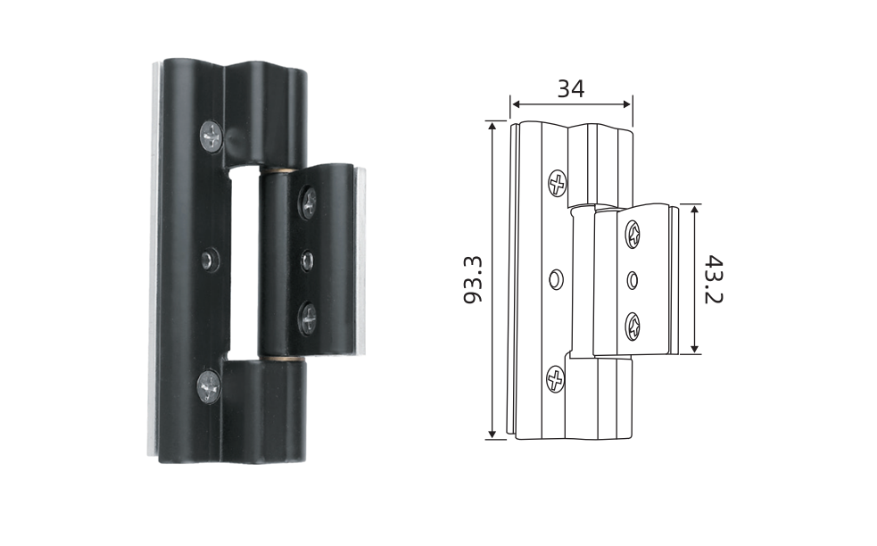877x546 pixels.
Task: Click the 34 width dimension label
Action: [x=570, y=89]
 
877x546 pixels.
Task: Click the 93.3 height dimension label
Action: [x=473, y=280]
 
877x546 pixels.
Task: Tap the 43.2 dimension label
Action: [x=713, y=280]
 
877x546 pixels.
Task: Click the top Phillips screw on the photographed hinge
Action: [x=211, y=136]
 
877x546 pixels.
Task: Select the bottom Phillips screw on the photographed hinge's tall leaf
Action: [x=209, y=386]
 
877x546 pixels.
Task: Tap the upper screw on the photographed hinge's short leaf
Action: [x=308, y=202]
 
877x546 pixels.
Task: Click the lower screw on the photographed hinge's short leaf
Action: [x=308, y=318]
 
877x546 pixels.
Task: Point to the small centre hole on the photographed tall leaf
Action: [x=209, y=261]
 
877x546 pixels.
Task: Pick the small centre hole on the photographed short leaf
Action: [x=307, y=261]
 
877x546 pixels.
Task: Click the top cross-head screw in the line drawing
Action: [x=557, y=183]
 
